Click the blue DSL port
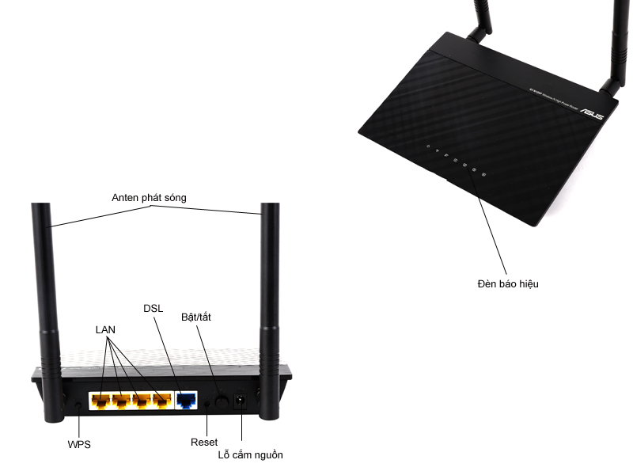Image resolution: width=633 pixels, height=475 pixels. click(x=188, y=401)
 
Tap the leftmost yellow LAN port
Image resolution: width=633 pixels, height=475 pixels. click(x=100, y=401)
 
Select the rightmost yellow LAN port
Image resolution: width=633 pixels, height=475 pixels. click(x=162, y=401)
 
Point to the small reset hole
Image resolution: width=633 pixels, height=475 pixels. click(x=208, y=403)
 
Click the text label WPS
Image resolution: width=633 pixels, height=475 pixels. click(x=79, y=444)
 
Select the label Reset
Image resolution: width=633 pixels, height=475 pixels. click(x=204, y=441)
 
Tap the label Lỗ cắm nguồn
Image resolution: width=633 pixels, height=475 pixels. click(x=250, y=455)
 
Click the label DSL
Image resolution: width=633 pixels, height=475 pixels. click(x=154, y=307)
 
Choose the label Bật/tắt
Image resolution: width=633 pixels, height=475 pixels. click(x=196, y=317)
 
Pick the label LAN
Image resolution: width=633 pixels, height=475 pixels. click(x=106, y=329)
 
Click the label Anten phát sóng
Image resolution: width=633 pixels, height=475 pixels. click(x=149, y=198)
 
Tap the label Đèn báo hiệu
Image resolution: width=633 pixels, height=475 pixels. click(x=507, y=283)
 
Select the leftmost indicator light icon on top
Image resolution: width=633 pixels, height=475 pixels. click(x=427, y=146)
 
